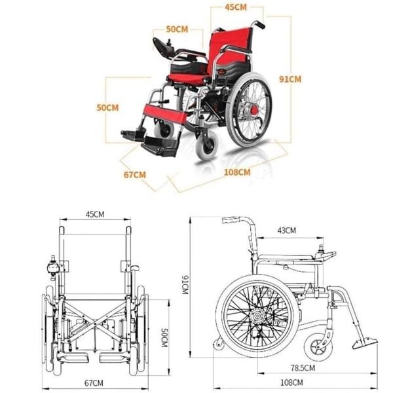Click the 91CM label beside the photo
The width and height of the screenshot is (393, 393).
tap(290, 79)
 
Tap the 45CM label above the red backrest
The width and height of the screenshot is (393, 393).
tap(235, 8)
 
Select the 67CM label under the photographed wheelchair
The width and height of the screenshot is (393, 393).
tap(135, 175)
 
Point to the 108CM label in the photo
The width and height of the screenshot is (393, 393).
tap(237, 172)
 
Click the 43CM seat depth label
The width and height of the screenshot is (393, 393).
tap(286, 230)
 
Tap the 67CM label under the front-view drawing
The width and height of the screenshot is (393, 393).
tap(94, 382)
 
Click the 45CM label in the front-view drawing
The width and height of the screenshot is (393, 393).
tap(95, 214)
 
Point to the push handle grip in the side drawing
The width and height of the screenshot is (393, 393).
tap(231, 220)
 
